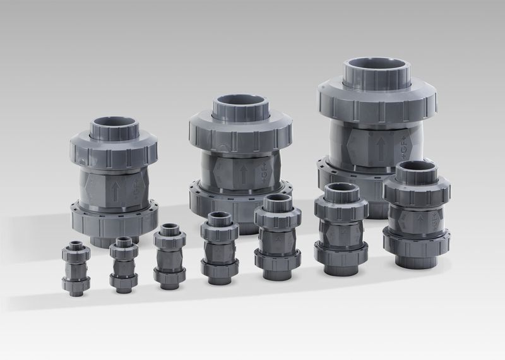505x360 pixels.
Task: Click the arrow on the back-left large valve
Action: (x=116, y=192)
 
